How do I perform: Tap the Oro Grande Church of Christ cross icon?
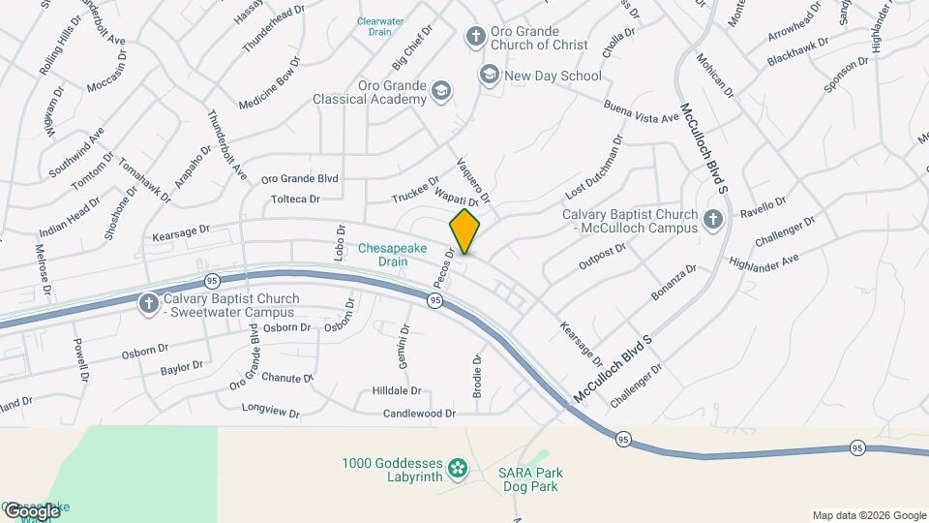[x=475, y=37]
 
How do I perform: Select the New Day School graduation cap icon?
[x=490, y=75]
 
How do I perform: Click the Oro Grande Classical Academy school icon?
[x=442, y=91]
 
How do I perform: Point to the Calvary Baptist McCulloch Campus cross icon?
[x=713, y=220]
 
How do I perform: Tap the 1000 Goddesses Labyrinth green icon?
[x=458, y=470]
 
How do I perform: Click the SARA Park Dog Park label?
[x=530, y=479]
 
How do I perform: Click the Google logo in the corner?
[x=32, y=510]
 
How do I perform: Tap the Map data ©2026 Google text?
[x=869, y=515]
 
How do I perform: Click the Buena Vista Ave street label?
[x=642, y=111]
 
